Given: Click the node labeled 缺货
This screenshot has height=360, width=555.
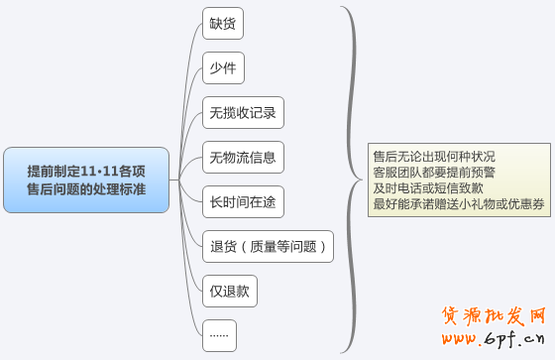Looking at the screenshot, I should click(223, 23).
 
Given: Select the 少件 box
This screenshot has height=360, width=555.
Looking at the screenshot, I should click(223, 67).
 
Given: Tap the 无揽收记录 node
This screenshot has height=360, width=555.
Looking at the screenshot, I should click(243, 112).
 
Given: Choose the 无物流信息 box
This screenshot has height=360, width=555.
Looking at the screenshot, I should click(243, 156).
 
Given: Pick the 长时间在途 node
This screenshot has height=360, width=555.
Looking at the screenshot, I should click(243, 201).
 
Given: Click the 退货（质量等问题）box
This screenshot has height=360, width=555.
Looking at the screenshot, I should click(268, 246).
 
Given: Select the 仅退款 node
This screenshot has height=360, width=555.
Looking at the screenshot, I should click(230, 291).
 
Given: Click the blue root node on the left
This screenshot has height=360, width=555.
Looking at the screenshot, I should click(86, 180).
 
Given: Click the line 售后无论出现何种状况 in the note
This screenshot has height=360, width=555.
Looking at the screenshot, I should click(434, 157).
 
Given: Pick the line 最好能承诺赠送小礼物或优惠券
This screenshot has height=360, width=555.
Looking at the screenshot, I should click(458, 204).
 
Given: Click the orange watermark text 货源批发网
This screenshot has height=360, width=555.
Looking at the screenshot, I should click(494, 318).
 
